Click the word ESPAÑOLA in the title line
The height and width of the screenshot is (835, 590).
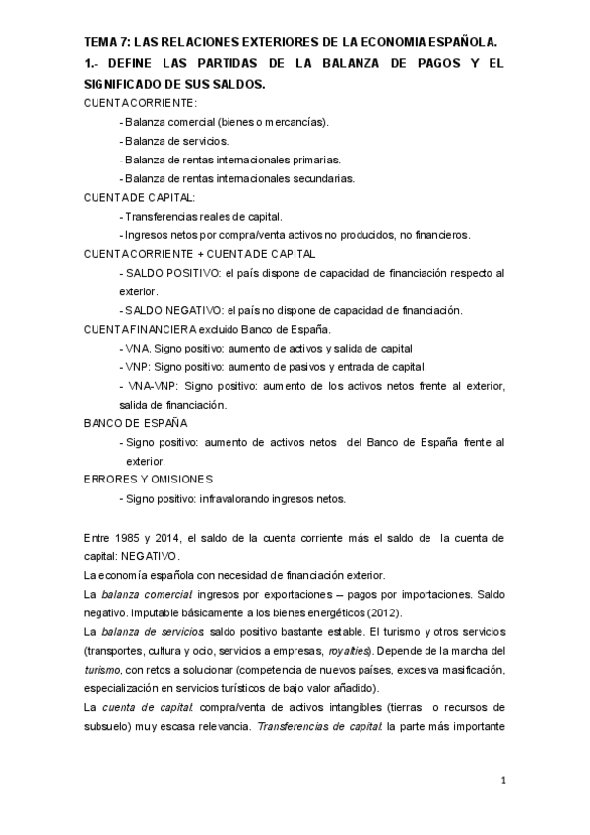(464, 41)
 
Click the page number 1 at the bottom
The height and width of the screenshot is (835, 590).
(502, 783)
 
